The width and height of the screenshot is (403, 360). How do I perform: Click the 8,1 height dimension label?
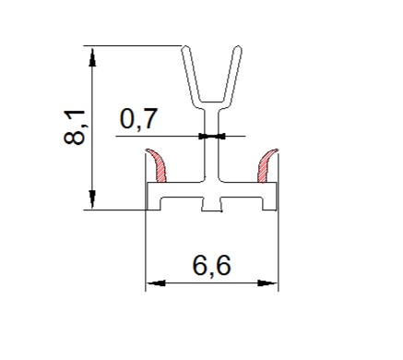pos(74,126)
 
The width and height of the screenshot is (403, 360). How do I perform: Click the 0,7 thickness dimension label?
pos(138,118)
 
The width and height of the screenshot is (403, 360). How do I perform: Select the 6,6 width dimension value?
pos(211,266)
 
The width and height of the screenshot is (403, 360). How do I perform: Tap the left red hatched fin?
pos(158,165)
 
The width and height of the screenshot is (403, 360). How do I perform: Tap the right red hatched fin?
pos(267,165)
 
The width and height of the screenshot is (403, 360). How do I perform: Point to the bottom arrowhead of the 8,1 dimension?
pos(92,199)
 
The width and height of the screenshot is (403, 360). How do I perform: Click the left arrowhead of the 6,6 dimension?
pos(156,283)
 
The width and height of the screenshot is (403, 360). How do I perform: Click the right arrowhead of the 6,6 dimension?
pos(267,283)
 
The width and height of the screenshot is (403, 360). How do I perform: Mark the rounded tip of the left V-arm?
pos(185,48)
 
